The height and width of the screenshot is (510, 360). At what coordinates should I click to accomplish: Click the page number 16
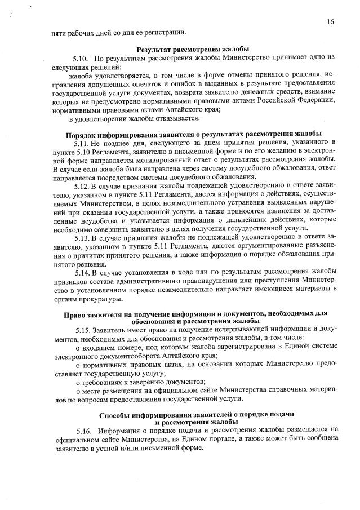330,21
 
